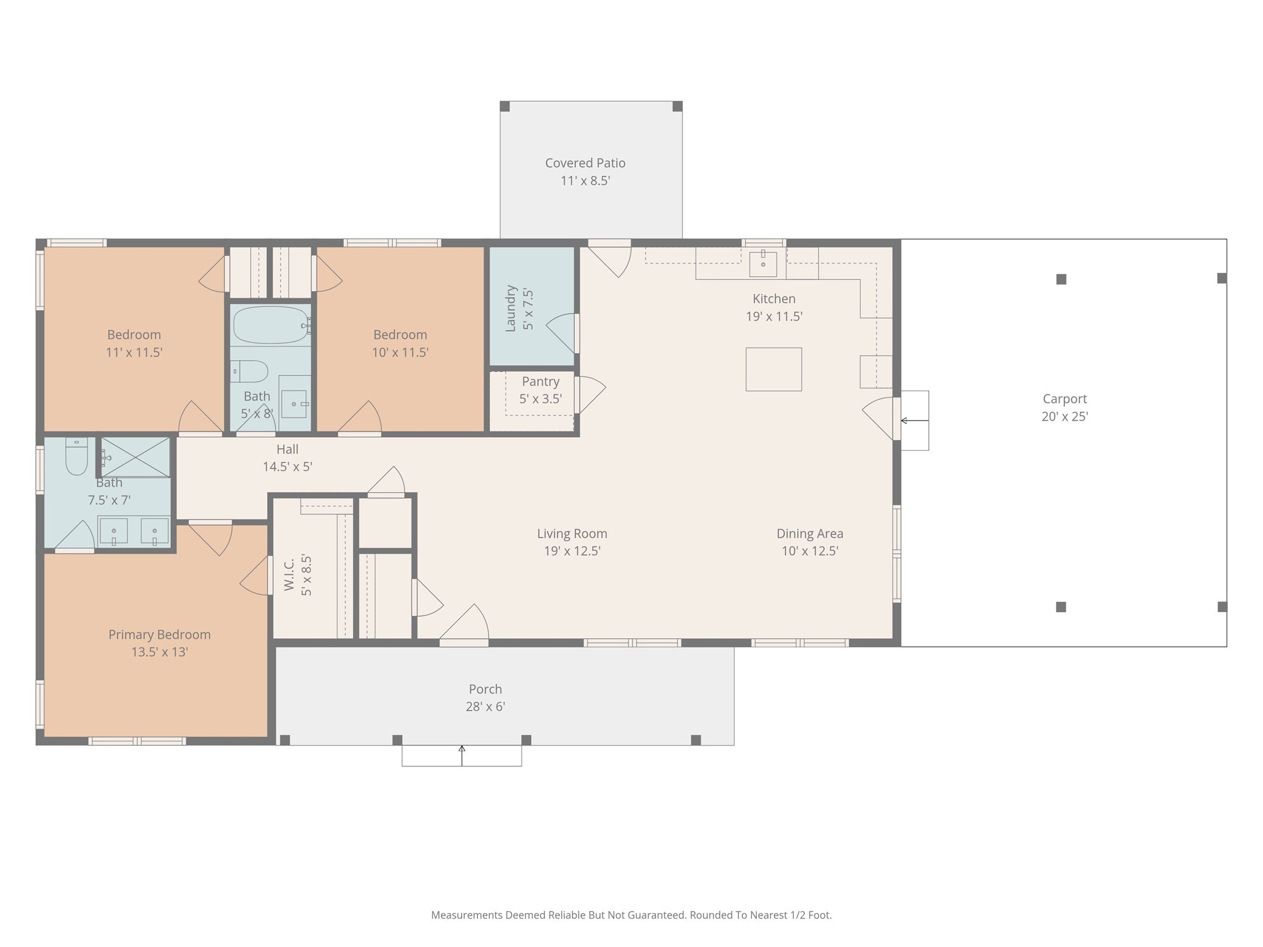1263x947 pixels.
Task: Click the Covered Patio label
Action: coord(585,163)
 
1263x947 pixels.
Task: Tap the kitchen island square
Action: coord(773,369)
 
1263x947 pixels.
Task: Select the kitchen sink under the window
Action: coord(763,264)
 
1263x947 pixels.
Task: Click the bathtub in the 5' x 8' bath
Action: coord(271,325)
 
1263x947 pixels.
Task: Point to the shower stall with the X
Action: coord(135,457)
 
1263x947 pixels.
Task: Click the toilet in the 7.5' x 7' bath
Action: coord(76,456)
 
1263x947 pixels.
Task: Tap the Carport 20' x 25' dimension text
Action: coord(1065,417)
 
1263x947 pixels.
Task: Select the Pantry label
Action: coord(540,382)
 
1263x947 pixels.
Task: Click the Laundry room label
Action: coord(510,308)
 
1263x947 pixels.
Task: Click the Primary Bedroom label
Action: coord(160,634)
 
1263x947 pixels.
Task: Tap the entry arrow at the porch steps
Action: coord(462,755)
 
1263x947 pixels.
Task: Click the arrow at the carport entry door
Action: coord(915,420)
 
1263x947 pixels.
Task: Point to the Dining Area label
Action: coord(810,533)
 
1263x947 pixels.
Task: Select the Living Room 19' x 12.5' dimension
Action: coord(572,551)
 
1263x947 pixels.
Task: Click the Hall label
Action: coord(287,449)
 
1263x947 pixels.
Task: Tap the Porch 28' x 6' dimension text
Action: coord(485,707)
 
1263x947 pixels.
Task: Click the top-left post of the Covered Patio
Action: coord(504,106)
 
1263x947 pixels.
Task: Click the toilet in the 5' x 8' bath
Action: coord(249,372)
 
